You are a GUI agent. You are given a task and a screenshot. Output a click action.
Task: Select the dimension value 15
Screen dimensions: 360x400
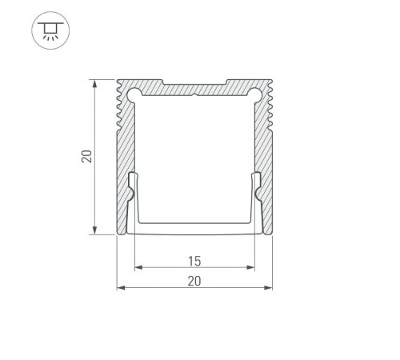(x=194, y=260)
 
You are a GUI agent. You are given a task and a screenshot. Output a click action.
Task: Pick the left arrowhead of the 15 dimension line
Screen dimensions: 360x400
(x=137, y=268)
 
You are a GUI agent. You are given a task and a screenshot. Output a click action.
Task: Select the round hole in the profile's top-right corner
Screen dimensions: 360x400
(x=256, y=94)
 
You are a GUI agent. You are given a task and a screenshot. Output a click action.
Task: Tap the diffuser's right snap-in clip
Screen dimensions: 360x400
(x=258, y=192)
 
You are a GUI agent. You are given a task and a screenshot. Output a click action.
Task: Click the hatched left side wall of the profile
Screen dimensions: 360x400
(x=124, y=160)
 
